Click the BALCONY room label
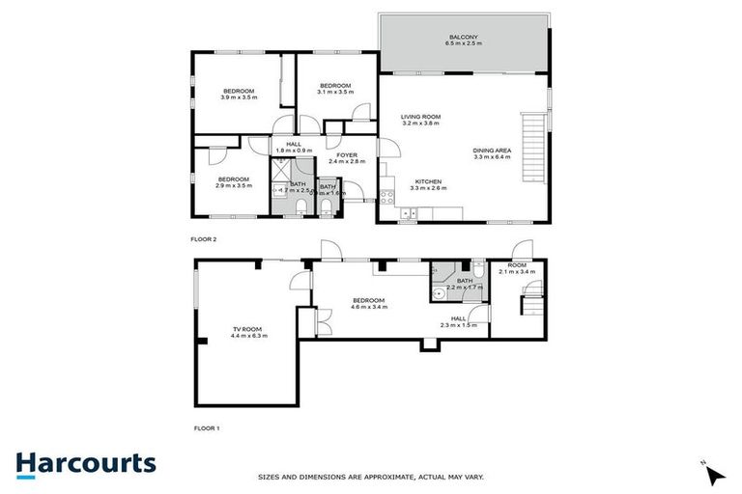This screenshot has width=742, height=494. (x=462, y=37)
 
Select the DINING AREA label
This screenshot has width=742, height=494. (x=492, y=150)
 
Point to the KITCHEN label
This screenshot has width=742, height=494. (x=428, y=181)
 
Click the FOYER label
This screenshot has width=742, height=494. (x=347, y=155)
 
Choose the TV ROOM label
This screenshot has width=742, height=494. (x=248, y=329)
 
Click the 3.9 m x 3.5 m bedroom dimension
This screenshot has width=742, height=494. (x=239, y=97)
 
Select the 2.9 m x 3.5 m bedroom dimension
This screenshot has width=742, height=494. (x=234, y=185)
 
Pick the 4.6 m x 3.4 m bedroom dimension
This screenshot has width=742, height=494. (x=368, y=307)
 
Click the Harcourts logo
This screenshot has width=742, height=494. (x=85, y=463)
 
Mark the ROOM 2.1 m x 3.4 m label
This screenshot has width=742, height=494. (x=518, y=268)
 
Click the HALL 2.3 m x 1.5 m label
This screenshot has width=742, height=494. (x=458, y=321)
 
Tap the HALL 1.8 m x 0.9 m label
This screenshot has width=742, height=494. (x=294, y=147)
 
